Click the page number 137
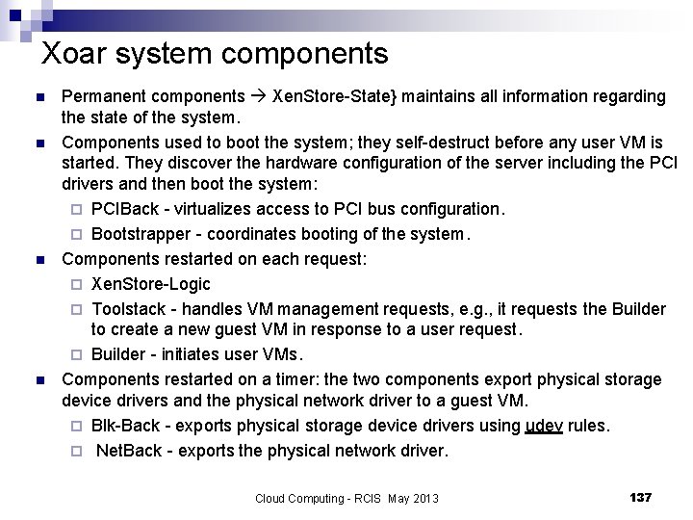pos(640,497)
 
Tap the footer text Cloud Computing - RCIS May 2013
pos(346,498)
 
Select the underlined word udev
pos(544,426)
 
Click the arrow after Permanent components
pos(259,96)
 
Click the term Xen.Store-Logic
pos(150,284)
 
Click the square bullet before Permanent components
pos(38,96)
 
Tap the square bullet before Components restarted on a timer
pos(38,379)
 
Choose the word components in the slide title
pos(310,53)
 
